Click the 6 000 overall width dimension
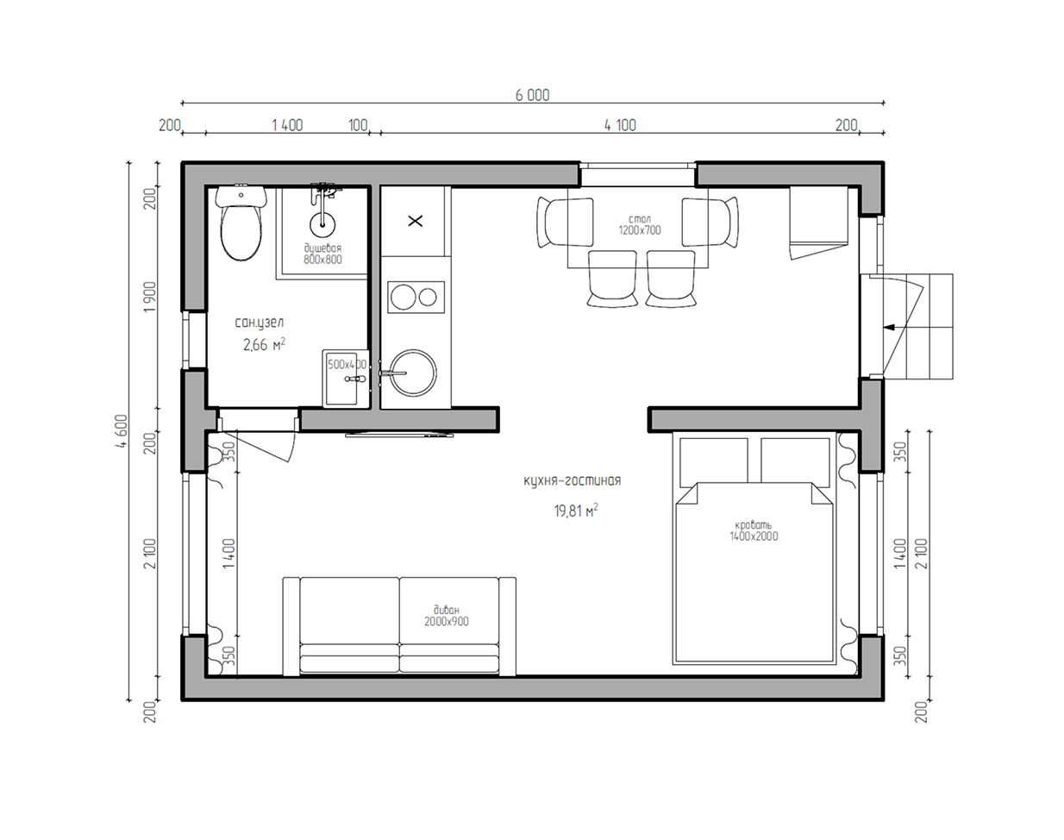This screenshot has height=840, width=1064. point(533,95)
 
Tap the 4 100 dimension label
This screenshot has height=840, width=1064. point(620,125)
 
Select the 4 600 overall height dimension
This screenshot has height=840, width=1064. point(122,431)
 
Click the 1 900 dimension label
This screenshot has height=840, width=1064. point(149,297)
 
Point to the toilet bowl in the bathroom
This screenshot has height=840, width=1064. point(241,233)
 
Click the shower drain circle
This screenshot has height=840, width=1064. point(322,225)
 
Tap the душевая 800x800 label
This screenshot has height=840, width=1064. point(322,254)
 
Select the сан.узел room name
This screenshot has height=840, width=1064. point(259,323)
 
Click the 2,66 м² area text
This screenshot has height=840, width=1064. point(264,345)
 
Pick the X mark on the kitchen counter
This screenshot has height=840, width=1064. point(416,221)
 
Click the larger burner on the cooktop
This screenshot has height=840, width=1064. point(403,297)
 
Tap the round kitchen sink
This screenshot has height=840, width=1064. point(413,373)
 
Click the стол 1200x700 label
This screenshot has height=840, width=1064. point(639,224)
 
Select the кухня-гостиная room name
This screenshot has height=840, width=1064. point(572,481)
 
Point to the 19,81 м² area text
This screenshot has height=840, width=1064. point(576,511)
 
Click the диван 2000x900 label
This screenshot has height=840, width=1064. point(447,616)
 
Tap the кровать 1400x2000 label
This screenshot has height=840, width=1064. point(754,530)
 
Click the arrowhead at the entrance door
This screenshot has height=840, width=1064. point(889,327)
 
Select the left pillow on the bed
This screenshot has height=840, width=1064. point(713,461)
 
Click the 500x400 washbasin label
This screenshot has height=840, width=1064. point(347,365)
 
